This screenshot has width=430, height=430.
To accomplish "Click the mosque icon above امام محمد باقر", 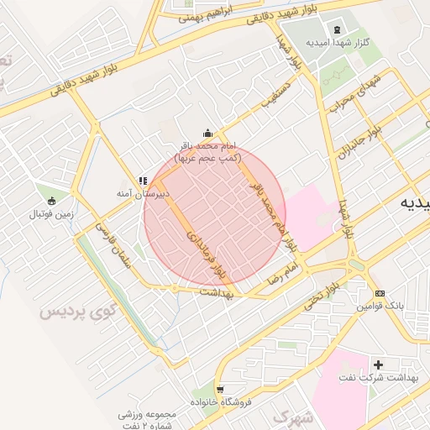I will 207,134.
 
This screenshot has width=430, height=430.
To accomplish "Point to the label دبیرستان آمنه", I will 143,193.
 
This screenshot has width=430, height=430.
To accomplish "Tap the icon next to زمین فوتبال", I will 52,201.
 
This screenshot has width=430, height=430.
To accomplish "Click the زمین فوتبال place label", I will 52,214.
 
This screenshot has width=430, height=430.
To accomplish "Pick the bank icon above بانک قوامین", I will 380,294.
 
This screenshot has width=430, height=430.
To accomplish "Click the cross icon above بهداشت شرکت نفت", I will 378,364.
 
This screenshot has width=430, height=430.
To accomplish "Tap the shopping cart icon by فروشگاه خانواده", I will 220,389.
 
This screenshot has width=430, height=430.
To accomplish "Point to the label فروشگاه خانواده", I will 221,401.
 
